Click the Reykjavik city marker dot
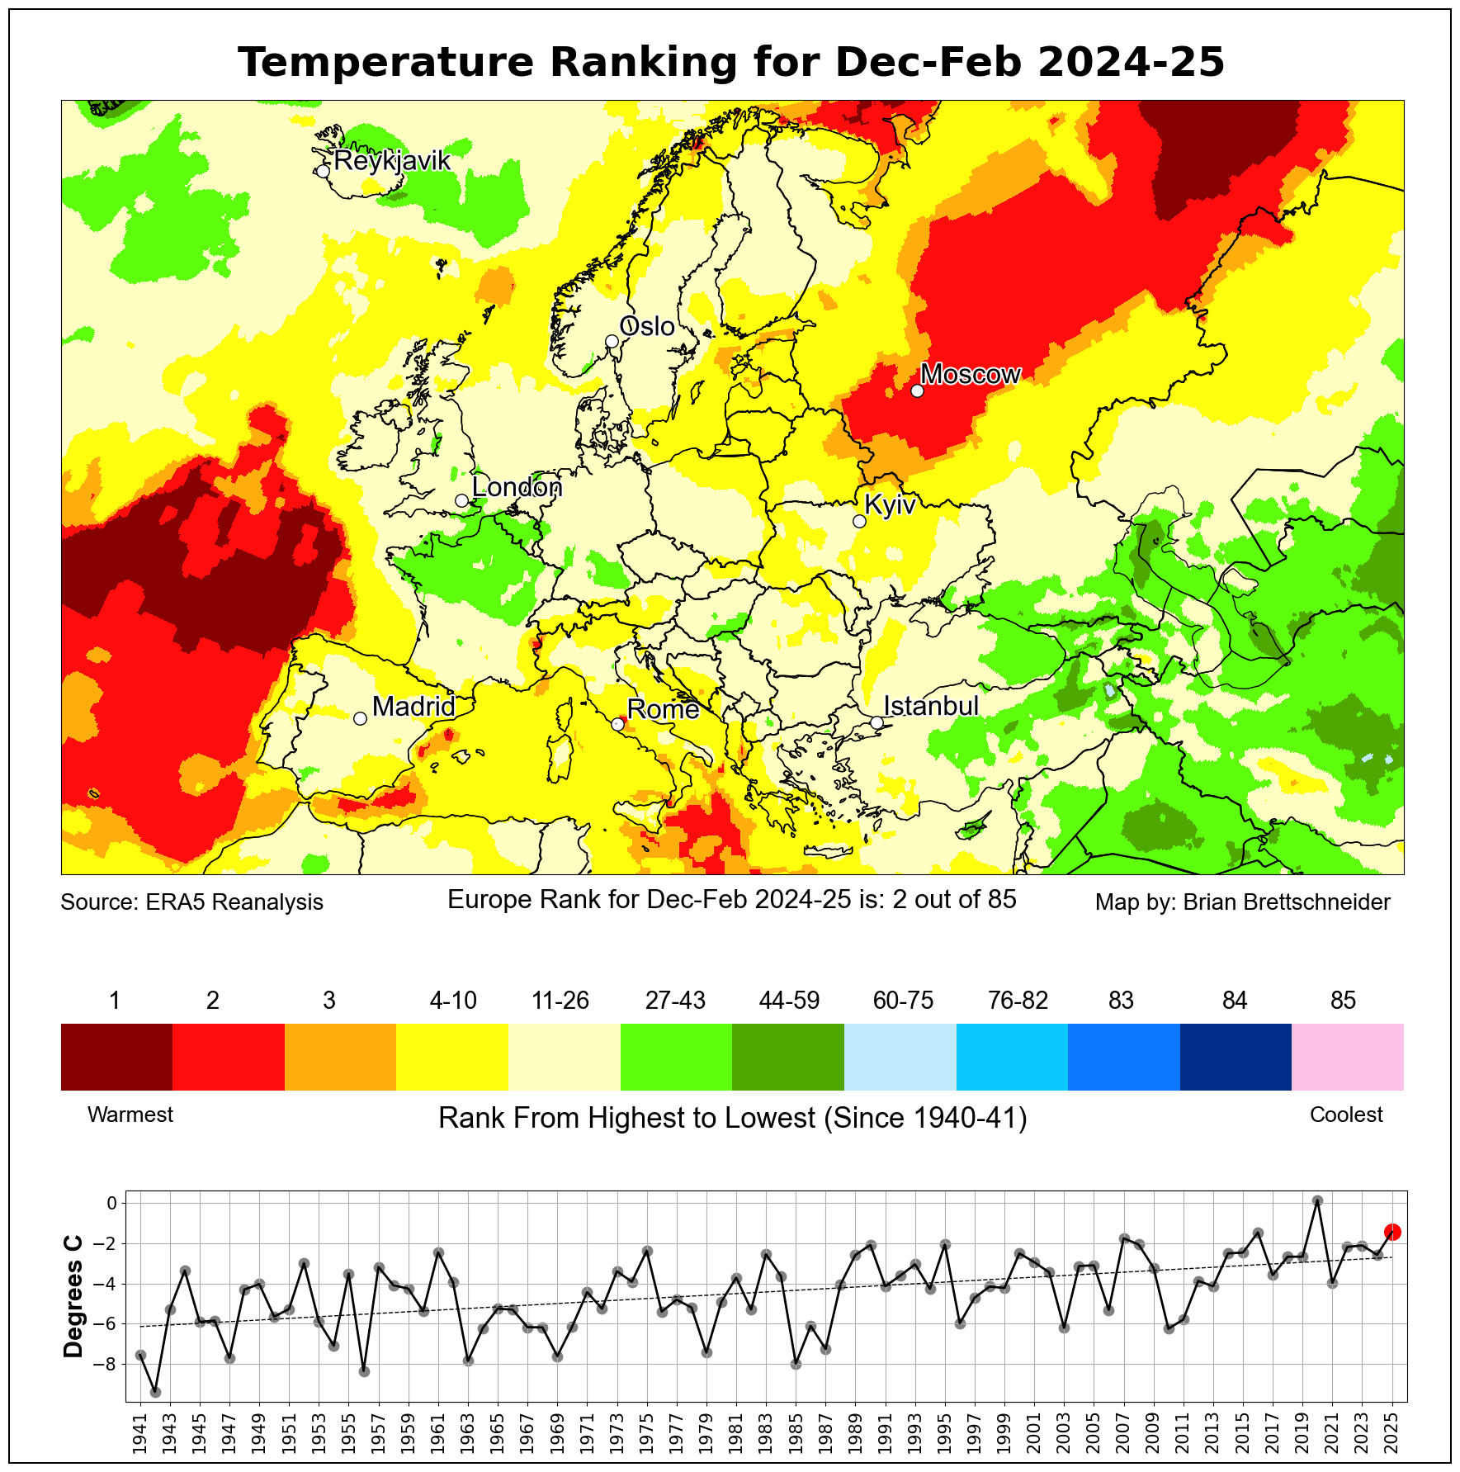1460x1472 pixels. (x=323, y=171)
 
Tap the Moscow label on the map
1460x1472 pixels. (x=971, y=375)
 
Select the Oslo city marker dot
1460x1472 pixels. (x=612, y=341)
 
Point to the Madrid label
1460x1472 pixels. (x=413, y=707)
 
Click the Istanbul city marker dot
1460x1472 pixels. (x=876, y=722)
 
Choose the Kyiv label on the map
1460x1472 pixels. (x=890, y=505)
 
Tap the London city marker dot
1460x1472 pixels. (x=461, y=500)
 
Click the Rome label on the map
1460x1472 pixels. (x=663, y=709)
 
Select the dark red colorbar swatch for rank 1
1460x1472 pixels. (x=116, y=1057)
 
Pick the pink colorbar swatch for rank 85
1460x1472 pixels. (x=1347, y=1057)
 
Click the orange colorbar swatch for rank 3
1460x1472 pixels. (x=340, y=1057)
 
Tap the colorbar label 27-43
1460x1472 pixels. (x=675, y=1001)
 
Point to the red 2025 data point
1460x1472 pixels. (x=1392, y=1232)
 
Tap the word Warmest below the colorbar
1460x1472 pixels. (x=130, y=1115)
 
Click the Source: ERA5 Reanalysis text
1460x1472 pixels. (x=191, y=902)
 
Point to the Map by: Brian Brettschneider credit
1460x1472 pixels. (x=1242, y=902)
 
